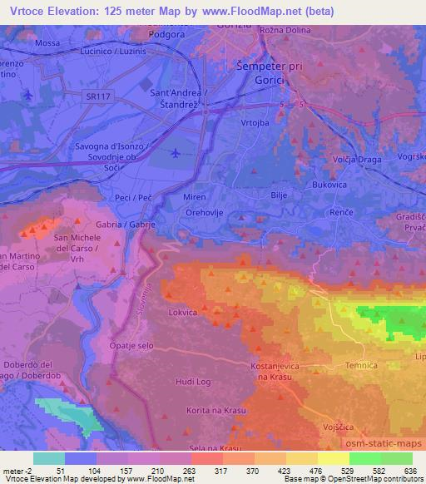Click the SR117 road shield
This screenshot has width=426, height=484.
pos(97,97)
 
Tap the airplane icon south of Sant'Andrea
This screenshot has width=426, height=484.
pos(175,154)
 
